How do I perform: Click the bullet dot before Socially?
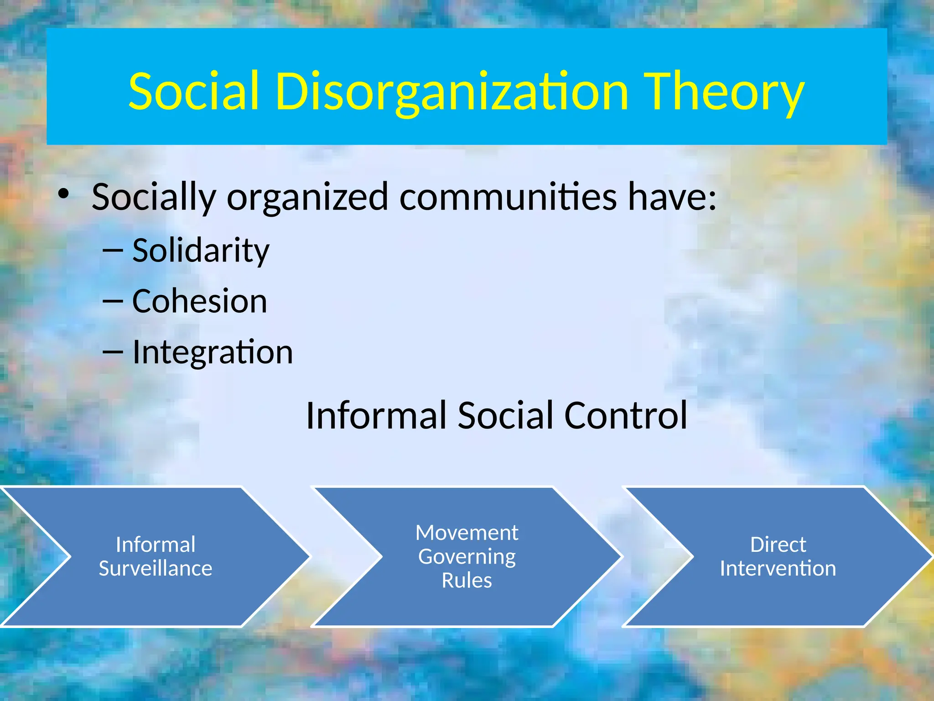tap(64, 194)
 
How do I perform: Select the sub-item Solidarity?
tap(201, 251)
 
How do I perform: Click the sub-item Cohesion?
tap(199, 302)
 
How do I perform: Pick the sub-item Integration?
tap(213, 353)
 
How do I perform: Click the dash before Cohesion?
tap(113, 302)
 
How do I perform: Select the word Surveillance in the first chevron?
tap(156, 569)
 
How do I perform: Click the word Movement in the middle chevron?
tap(467, 533)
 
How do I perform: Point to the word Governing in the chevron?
tap(467, 557)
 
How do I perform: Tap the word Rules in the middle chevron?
tap(467, 581)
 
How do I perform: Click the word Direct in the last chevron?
tap(778, 544)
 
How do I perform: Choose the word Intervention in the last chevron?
tap(778, 569)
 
